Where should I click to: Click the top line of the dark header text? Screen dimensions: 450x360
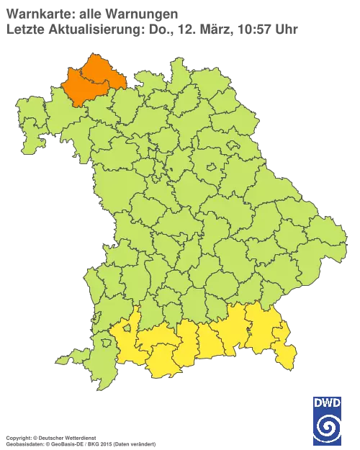(90, 12)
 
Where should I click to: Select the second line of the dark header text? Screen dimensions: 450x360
(151, 29)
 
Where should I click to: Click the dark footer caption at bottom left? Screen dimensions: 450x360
(54, 437)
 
